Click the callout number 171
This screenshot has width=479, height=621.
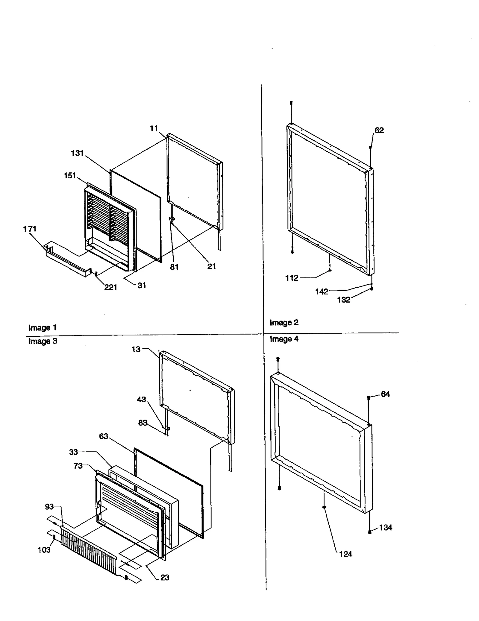click(30, 229)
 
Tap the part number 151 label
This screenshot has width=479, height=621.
click(70, 176)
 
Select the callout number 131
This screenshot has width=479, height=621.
click(77, 153)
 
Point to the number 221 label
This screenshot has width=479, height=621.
click(110, 287)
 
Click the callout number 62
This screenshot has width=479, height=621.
click(379, 130)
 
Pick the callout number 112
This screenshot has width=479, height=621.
click(292, 278)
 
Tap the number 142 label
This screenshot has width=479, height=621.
click(322, 291)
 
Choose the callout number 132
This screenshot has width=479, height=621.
click(343, 300)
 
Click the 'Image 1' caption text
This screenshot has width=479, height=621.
click(43, 328)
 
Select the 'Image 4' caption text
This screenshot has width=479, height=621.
click(284, 339)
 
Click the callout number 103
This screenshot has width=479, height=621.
click(44, 550)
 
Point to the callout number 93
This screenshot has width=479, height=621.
click(49, 506)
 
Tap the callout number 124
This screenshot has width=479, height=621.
click(345, 554)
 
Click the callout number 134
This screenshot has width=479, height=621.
click(385, 527)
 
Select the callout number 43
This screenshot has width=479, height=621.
click(141, 399)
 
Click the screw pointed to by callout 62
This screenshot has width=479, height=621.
click(370, 148)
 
